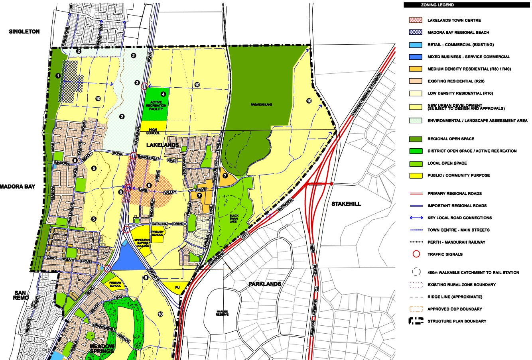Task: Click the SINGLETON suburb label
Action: tap(24, 31)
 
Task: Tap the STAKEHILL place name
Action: tap(346, 204)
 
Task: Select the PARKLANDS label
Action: tap(265, 284)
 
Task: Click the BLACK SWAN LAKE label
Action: tap(233, 219)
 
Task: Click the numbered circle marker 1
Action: tap(58, 76)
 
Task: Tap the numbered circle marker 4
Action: tap(163, 94)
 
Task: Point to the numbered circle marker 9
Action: tap(75, 161)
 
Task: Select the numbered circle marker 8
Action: tap(146, 278)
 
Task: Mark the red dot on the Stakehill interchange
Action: tap(331, 183)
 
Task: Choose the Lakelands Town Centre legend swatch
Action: tap(416, 20)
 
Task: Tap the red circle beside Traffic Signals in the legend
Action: tap(416, 254)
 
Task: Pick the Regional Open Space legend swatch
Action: tap(416, 139)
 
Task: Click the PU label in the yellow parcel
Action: tap(178, 287)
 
